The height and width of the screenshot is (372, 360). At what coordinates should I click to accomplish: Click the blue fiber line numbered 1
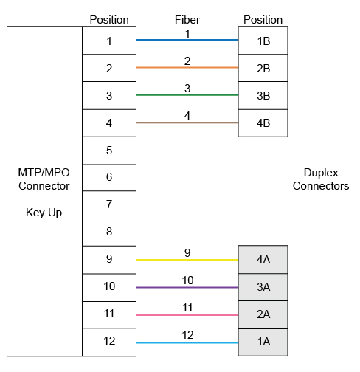tap(187, 40)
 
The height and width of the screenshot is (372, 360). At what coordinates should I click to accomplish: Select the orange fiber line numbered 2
tap(187, 67)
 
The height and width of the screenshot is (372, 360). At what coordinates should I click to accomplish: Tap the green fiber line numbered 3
tap(187, 95)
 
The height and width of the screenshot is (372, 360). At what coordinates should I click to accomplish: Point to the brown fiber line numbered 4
tap(187, 123)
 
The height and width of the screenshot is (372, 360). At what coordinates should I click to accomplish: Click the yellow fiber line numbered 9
tap(187, 260)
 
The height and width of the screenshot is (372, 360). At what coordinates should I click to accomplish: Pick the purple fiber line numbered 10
tap(187, 287)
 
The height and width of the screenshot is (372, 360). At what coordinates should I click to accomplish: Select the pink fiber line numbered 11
tap(187, 315)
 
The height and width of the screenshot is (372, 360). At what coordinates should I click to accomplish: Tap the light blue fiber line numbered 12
tap(187, 342)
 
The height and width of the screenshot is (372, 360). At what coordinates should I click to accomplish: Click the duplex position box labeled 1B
tap(263, 41)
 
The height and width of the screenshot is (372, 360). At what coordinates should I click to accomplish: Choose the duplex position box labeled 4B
tap(263, 123)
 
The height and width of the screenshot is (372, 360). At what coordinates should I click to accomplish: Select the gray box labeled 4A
tap(263, 260)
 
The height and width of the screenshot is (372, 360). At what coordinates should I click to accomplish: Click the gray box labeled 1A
tap(263, 342)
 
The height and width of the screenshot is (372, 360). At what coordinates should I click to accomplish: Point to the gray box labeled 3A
tap(263, 287)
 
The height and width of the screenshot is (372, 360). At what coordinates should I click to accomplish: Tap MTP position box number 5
tap(109, 151)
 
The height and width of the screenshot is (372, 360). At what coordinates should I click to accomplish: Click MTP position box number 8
tap(109, 232)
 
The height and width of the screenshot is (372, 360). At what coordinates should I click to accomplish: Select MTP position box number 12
tap(109, 342)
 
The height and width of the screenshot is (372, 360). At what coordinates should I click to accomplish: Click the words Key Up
tap(44, 213)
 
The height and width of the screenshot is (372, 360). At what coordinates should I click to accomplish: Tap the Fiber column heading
tap(187, 20)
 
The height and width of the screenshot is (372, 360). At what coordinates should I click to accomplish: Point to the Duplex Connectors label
tap(321, 179)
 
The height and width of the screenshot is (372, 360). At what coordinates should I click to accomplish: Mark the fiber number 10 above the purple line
tap(187, 280)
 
